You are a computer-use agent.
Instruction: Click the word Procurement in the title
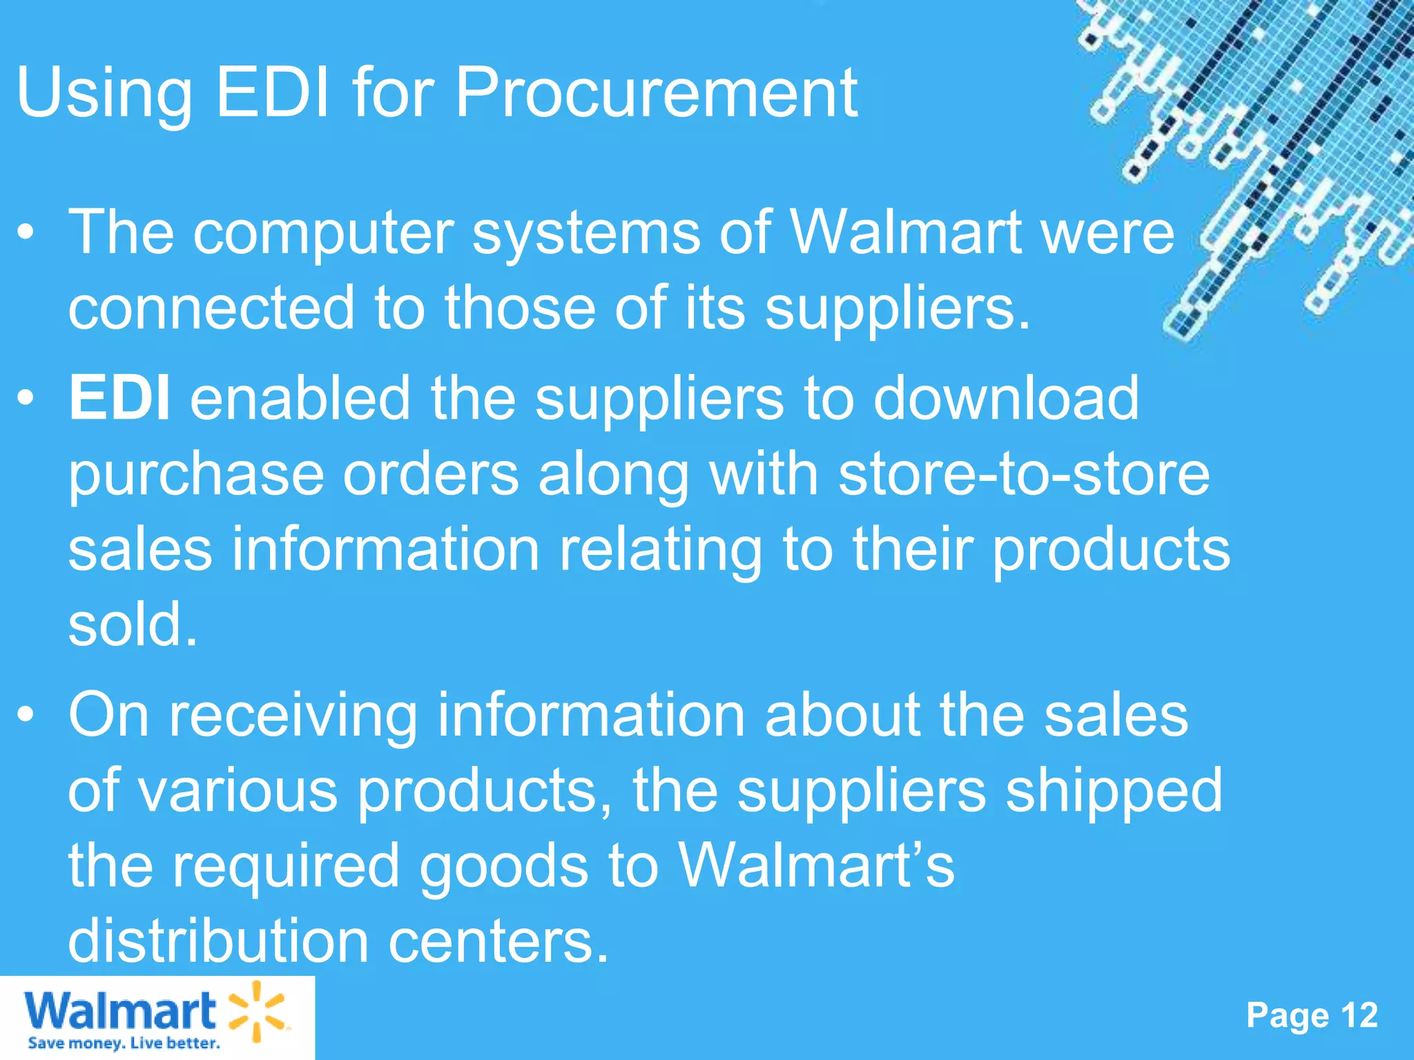click(x=656, y=93)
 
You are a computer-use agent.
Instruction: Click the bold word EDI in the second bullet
click(x=119, y=398)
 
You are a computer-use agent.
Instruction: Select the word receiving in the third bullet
click(x=293, y=716)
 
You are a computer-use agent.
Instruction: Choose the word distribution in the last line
click(x=218, y=941)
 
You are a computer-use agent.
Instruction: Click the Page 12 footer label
click(x=1312, y=1015)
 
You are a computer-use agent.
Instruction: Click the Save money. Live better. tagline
click(x=124, y=1043)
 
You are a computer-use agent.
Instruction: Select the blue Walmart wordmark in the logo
click(x=120, y=1012)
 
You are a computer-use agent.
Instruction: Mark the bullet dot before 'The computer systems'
click(x=26, y=233)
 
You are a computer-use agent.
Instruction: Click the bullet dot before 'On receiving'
click(x=26, y=716)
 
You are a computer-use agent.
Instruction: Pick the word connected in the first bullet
click(x=211, y=308)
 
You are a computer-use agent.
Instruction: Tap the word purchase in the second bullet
click(x=196, y=476)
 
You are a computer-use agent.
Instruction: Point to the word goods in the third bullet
click(x=504, y=867)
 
